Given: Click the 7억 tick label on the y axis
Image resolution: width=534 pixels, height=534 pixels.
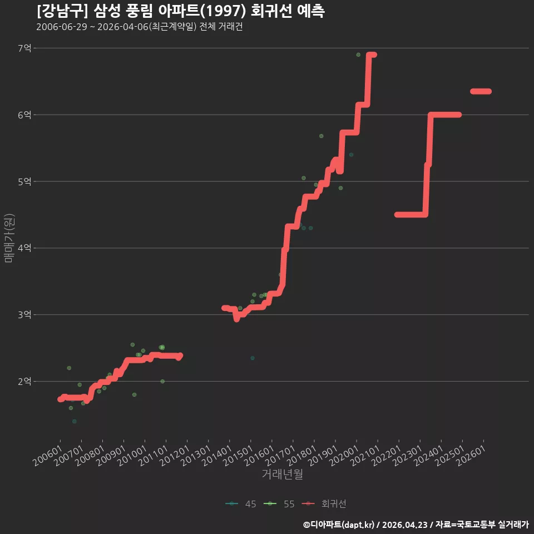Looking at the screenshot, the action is [24, 48].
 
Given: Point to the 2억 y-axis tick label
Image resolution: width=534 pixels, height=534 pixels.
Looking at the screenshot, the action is [24, 382].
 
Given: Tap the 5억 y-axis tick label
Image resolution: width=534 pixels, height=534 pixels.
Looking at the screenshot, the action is [24, 181].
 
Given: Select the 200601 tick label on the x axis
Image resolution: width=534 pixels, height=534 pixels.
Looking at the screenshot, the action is [48, 456].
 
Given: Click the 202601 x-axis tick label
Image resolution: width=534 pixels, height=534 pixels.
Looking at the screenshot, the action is [471, 456].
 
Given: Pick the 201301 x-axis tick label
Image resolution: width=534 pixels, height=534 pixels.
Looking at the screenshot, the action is [196, 456].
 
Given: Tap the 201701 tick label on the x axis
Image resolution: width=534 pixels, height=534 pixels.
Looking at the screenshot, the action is [280, 456].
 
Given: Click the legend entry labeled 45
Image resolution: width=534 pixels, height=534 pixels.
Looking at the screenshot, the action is [241, 504].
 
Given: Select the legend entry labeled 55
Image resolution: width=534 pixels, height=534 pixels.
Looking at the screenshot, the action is [279, 504].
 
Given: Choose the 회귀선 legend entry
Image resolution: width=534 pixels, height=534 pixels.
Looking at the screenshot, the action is [324, 504].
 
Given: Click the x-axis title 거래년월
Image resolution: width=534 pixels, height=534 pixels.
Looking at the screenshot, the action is [283, 474].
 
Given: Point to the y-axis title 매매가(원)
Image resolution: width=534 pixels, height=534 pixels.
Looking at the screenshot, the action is [9, 238].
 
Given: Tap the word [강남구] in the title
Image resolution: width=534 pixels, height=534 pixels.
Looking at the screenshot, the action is [62, 11].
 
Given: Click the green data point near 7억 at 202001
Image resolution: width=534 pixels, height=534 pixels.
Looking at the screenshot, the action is [358, 55].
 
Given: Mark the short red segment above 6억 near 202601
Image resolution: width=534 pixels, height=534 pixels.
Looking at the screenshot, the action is [481, 91].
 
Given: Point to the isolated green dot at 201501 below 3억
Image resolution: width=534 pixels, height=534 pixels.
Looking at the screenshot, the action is [253, 358].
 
